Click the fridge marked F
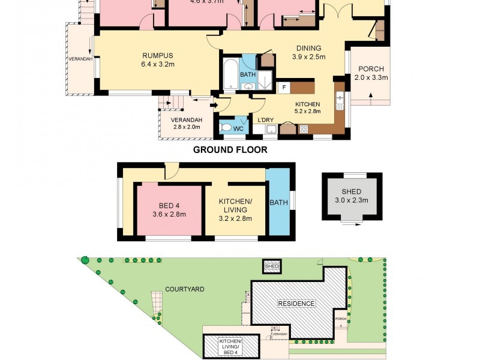pos(283,88)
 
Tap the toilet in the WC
pos(226,127)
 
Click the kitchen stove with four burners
pos(304,128)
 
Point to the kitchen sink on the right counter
pos(340,99)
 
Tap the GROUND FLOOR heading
pos(230,150)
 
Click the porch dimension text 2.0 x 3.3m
pos(371,77)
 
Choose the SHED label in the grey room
pos(351,191)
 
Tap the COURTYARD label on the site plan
pos(186,289)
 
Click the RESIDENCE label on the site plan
pos(296,304)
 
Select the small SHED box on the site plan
pos(272,266)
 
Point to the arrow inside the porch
pos(371,95)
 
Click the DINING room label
pos(308,49)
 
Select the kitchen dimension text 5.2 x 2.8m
pos(307,111)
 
